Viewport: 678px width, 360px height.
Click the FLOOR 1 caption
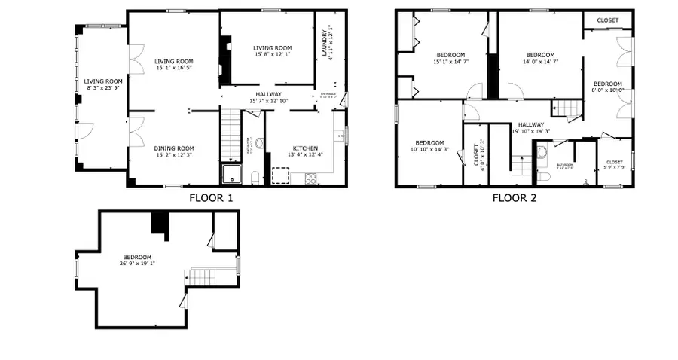211,198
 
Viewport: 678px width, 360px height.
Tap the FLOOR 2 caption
514,198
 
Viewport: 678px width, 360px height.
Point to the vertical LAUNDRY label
327,46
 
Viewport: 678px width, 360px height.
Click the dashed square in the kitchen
280,175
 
